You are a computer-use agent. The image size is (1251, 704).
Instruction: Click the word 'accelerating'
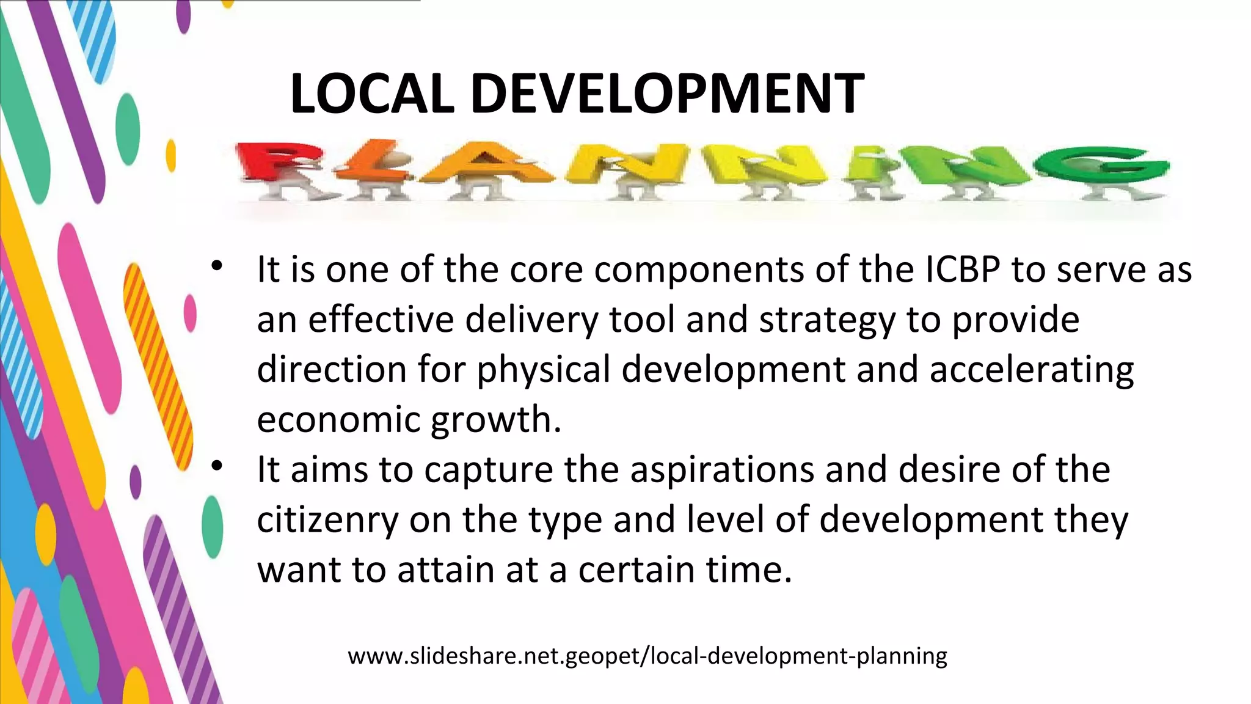click(x=1031, y=370)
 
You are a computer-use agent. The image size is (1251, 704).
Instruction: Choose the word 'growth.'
click(x=495, y=420)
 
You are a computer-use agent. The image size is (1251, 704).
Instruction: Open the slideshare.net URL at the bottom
click(x=647, y=656)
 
